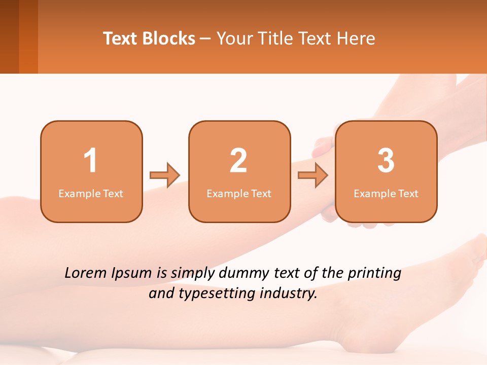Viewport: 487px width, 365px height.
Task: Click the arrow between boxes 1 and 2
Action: click(x=165, y=175)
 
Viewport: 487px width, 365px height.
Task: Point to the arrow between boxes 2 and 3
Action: click(x=313, y=175)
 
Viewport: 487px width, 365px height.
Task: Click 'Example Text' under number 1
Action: click(x=91, y=193)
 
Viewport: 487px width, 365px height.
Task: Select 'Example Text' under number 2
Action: click(x=239, y=193)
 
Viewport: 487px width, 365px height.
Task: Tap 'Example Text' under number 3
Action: click(x=386, y=193)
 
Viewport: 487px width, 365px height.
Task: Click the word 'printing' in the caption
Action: click(x=374, y=274)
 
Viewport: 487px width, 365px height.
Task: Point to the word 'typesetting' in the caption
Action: click(x=213, y=294)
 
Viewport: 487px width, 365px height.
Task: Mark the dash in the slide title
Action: click(x=206, y=39)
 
